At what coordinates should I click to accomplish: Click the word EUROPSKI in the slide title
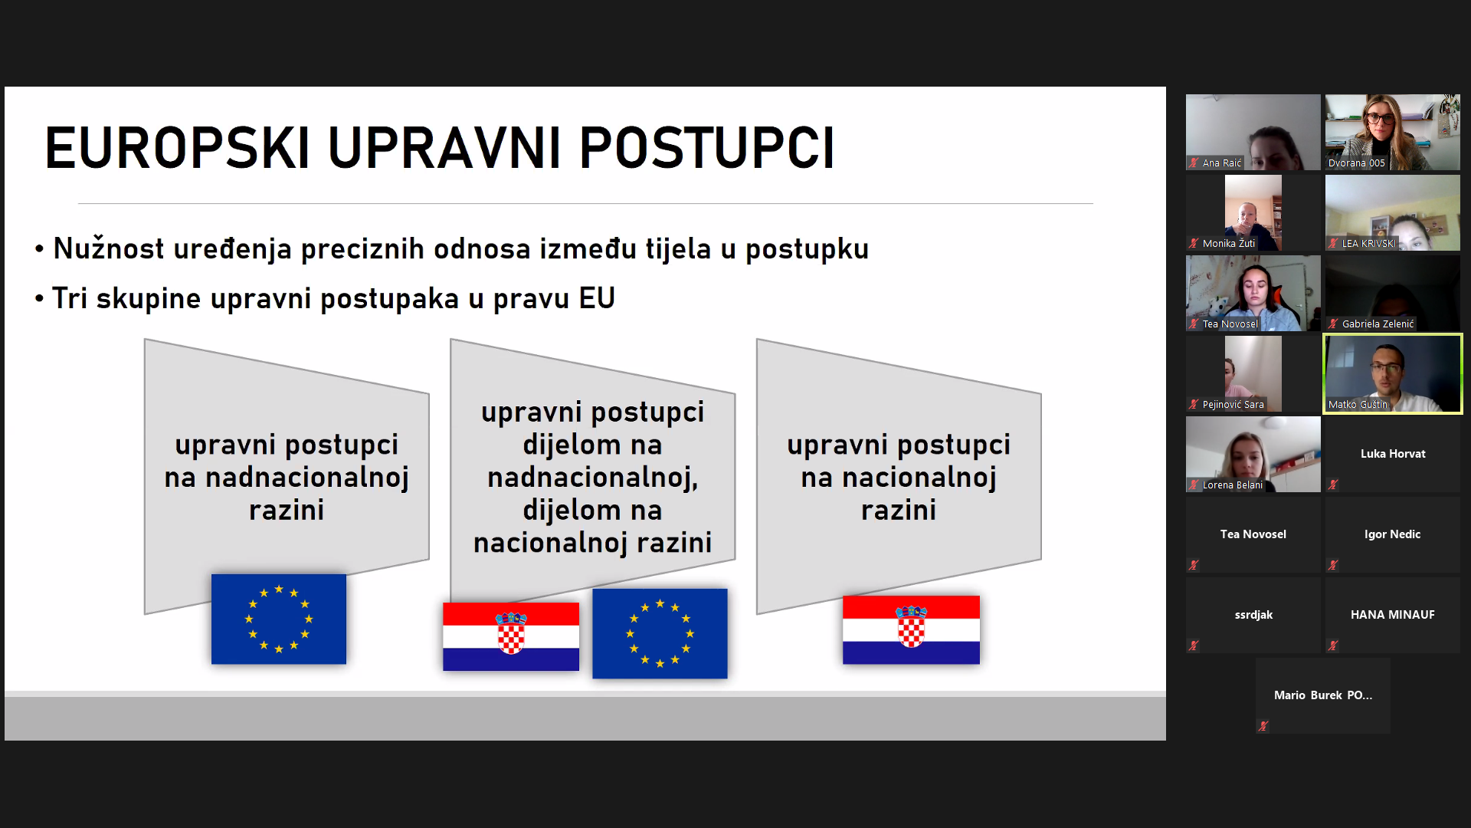(x=177, y=147)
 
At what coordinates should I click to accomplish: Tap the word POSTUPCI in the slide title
(x=707, y=147)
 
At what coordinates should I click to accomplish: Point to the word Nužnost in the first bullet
(x=109, y=248)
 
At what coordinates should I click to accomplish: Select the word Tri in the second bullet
(x=70, y=298)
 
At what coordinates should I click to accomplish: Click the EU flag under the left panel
(x=279, y=619)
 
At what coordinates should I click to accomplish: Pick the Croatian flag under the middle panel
(x=511, y=636)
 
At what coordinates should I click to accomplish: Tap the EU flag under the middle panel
(x=660, y=633)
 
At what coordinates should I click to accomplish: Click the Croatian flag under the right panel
(x=911, y=629)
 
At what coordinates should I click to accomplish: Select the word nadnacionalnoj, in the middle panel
(x=593, y=478)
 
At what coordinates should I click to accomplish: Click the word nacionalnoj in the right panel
(x=919, y=478)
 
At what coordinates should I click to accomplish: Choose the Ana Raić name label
(x=1222, y=163)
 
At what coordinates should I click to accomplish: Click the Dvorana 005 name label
(x=1357, y=163)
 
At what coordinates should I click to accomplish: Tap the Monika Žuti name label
(x=1229, y=244)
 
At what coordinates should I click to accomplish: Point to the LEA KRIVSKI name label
(x=1369, y=244)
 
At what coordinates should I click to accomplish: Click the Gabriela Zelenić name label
(x=1378, y=324)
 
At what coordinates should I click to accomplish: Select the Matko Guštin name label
(x=1358, y=405)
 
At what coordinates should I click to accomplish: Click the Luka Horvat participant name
(x=1393, y=454)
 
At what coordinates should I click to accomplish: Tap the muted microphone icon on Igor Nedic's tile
(x=1333, y=565)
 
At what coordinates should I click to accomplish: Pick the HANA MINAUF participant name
(x=1393, y=615)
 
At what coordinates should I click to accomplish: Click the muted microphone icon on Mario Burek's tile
(x=1263, y=726)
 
